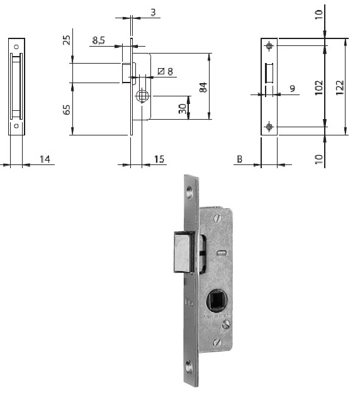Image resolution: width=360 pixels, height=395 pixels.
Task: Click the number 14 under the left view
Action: point(45,159)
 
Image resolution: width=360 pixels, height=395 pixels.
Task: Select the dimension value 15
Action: point(159,159)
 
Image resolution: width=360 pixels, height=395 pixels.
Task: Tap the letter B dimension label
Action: point(239,159)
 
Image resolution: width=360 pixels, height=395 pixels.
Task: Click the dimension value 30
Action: point(182,108)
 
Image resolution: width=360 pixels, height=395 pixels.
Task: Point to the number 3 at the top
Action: point(153,11)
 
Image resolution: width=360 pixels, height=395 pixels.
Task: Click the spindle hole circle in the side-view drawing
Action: point(142,96)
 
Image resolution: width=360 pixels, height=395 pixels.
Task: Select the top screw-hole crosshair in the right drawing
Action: point(269,46)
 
